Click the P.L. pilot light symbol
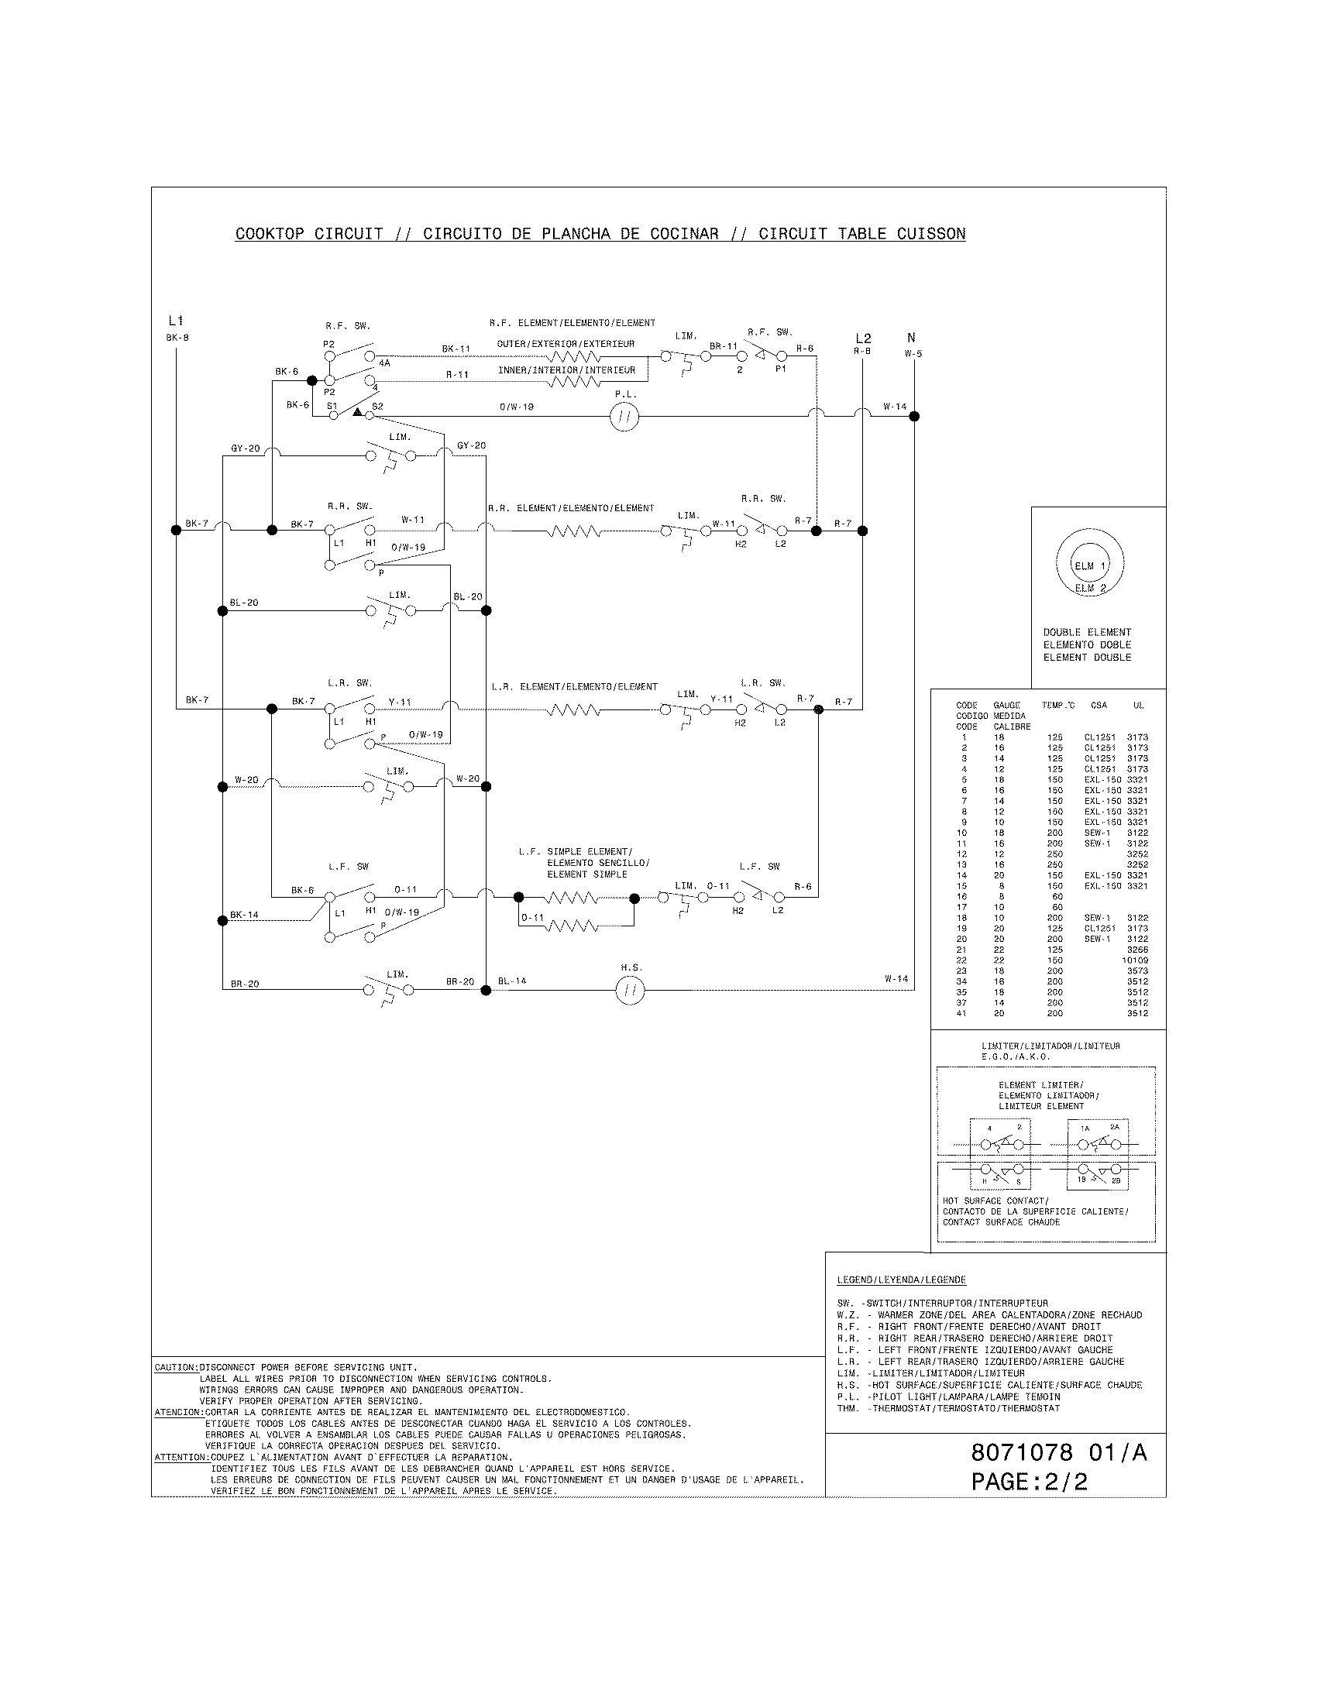coord(624,417)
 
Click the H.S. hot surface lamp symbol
coord(630,991)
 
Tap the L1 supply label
coord(176,321)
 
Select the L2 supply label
coord(862,338)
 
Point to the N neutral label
coord(911,338)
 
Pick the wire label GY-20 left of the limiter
coord(245,448)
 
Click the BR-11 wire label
coord(723,346)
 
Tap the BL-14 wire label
coord(512,981)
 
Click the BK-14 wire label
coord(244,915)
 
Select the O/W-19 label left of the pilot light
coord(517,407)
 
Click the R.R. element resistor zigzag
coord(573,531)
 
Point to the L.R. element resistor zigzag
coord(573,710)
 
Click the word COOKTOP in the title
coord(270,234)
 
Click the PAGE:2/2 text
coord(1029,1482)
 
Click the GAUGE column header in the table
coord(1006,706)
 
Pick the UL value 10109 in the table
coord(1135,960)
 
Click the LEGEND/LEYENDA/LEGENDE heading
coord(901,1280)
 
